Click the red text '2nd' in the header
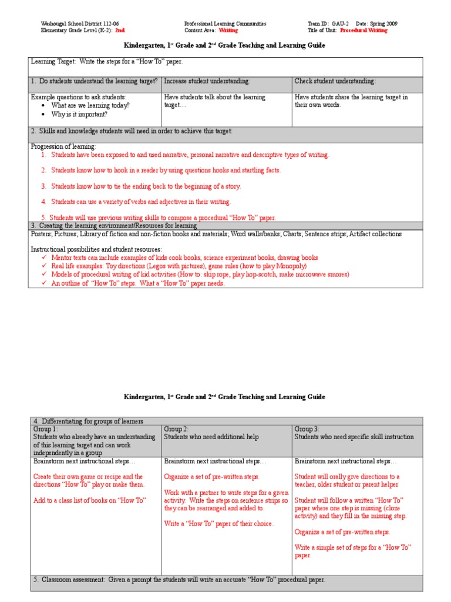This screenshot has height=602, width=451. click(120, 30)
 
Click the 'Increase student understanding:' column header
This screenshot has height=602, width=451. click(207, 81)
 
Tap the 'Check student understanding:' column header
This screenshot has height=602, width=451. click(335, 81)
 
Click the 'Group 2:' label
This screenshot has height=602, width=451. click(176, 429)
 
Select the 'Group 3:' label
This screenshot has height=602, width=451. click(307, 429)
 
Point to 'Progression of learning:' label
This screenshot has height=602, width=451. click(63, 146)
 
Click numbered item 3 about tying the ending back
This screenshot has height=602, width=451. click(146, 186)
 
